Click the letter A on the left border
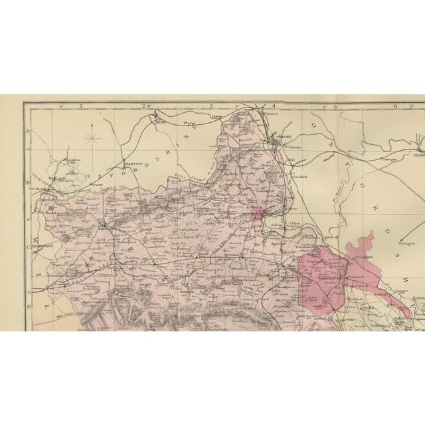tap(28, 132)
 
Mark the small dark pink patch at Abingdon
tap(258, 212)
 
